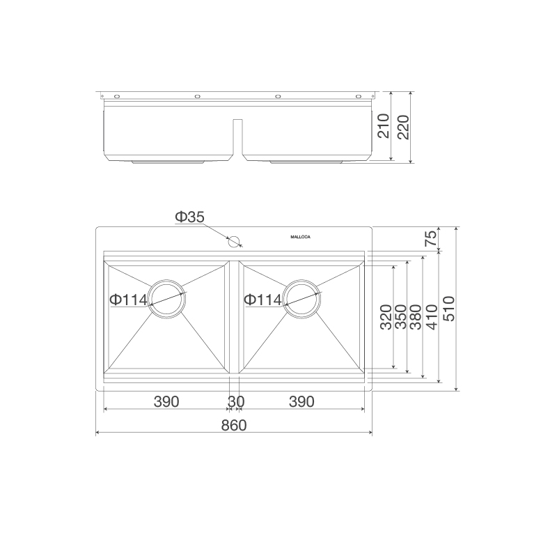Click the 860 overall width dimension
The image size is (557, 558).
click(234, 425)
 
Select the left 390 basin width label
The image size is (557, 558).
click(166, 402)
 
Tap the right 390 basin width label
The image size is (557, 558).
click(301, 402)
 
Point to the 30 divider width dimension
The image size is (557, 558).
click(235, 402)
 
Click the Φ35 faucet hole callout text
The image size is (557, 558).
click(189, 217)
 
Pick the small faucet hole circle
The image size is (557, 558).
click(235, 242)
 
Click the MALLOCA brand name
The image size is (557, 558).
click(301, 238)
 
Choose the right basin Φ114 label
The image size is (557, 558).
click(262, 300)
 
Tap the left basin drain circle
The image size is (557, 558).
click(167, 300)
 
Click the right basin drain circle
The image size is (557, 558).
click(302, 300)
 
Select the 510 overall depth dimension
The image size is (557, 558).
click(448, 307)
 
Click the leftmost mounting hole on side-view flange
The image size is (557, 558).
click(117, 96)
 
